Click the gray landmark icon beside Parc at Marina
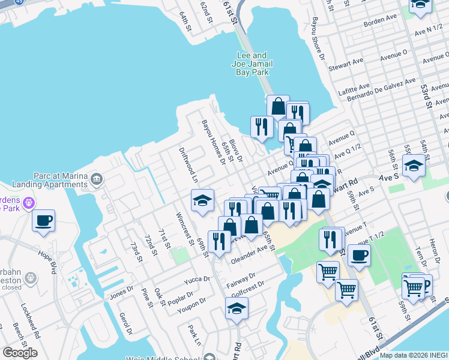(96, 179)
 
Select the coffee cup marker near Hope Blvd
(44, 221)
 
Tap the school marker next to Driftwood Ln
(203, 200)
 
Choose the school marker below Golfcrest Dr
(237, 309)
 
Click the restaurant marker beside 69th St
(219, 241)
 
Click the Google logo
(19, 352)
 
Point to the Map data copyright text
(414, 355)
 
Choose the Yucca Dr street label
(197, 280)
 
